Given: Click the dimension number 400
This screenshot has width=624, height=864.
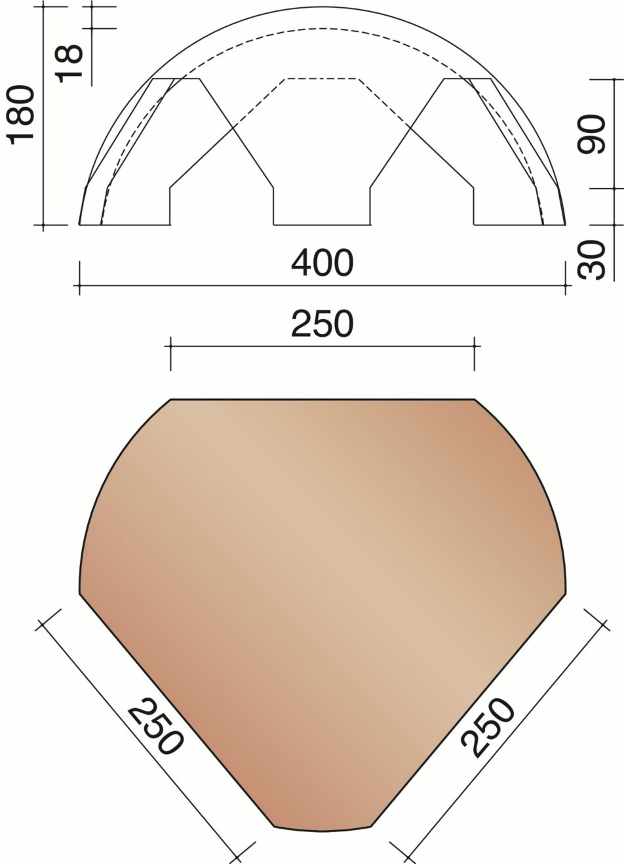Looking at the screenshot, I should (x=322, y=263).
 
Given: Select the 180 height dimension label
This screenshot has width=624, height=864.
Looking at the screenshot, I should (x=21, y=113).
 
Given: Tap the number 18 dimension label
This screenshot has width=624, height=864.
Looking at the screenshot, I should (x=70, y=63).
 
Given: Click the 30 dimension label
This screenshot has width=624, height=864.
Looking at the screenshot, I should (x=593, y=260).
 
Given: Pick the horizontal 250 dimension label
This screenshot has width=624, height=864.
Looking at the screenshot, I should (x=322, y=324).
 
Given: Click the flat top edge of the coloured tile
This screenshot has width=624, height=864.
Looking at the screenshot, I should (x=322, y=398).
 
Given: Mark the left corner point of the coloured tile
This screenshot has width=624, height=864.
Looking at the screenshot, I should (x=80, y=594).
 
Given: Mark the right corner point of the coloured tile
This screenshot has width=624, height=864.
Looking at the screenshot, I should (x=566, y=594).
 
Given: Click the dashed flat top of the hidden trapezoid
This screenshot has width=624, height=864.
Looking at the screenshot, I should (x=322, y=79).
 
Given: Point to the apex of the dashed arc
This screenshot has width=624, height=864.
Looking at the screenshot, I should (x=322, y=28).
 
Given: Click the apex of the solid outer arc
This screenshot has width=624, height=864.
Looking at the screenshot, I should (x=322, y=8).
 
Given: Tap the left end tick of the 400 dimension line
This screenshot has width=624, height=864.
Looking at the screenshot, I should (x=79, y=286).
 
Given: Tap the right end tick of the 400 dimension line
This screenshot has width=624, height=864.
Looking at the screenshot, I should (x=566, y=286).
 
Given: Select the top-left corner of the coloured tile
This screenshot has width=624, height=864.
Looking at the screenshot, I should (x=171, y=399).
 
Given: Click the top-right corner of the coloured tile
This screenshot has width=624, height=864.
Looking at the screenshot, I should (x=474, y=399).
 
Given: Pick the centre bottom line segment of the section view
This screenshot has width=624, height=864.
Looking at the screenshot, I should (x=322, y=225).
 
